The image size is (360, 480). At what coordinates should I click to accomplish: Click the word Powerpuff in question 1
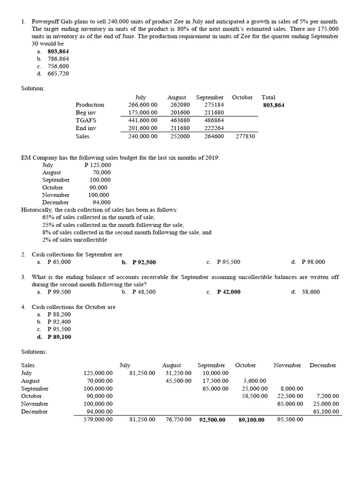click(x=45, y=22)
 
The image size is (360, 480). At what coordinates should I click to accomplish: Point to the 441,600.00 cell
click(x=143, y=120)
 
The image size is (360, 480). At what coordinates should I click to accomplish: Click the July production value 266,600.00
click(x=143, y=105)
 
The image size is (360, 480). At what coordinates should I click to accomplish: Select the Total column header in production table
click(x=269, y=97)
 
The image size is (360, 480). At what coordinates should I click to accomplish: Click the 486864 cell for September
click(x=214, y=120)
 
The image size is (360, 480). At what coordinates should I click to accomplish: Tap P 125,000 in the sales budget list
click(x=98, y=165)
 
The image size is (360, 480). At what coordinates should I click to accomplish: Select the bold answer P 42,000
click(x=229, y=292)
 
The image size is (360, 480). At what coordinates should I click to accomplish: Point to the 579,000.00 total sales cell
click(x=98, y=420)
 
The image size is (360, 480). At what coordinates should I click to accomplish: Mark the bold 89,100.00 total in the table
click(x=251, y=420)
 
